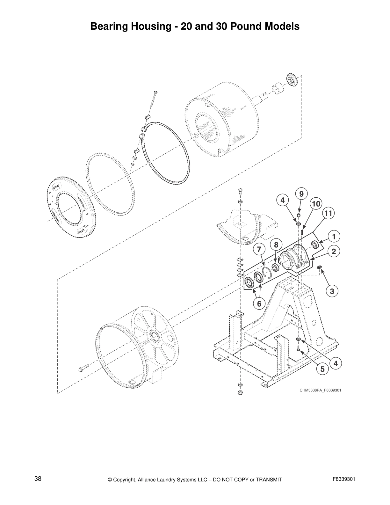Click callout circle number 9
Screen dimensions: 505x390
click(301, 194)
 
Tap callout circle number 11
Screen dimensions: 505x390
click(329, 213)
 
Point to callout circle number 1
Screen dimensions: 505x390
click(334, 237)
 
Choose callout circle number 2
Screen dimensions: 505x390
click(334, 251)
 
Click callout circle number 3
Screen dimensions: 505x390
click(332, 291)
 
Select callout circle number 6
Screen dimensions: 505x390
click(259, 304)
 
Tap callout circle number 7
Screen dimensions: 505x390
click(259, 249)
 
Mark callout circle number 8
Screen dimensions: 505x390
click(276, 245)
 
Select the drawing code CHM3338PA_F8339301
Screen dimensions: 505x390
click(320, 390)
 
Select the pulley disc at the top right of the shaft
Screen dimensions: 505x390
click(292, 79)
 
